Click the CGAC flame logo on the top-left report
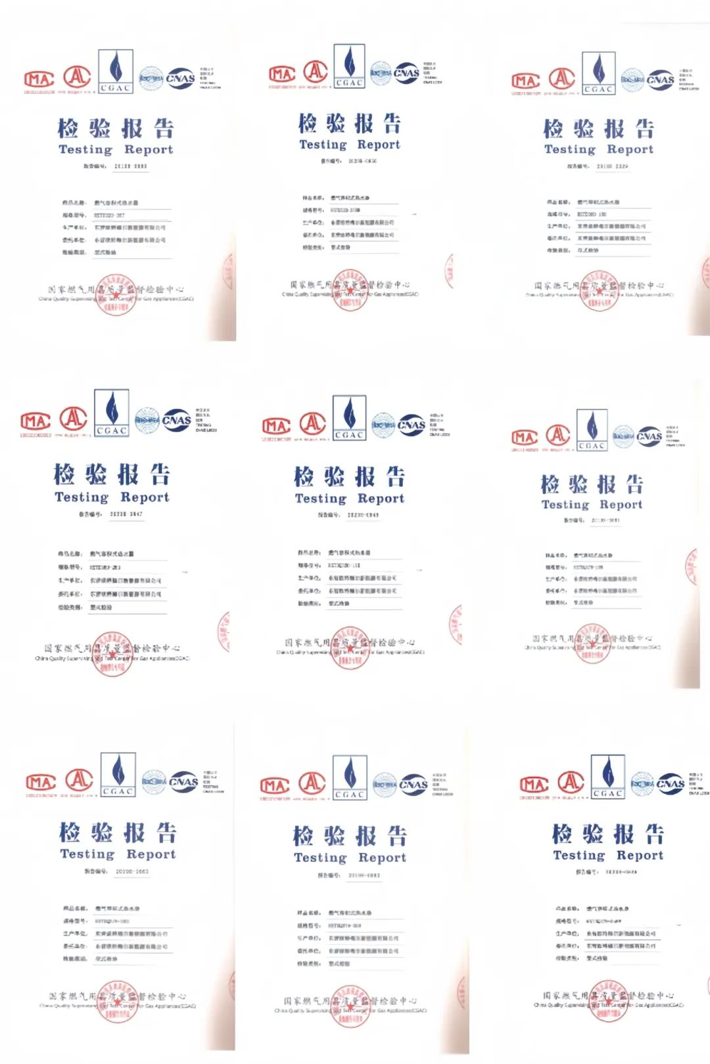tap(116, 70)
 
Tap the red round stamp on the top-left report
tap(116, 294)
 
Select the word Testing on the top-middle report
tap(323, 145)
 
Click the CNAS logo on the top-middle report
tap(406, 74)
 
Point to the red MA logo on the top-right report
tap(526, 81)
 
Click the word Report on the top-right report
tap(630, 149)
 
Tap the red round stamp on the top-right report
tap(599, 290)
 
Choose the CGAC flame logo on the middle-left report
tap(112, 412)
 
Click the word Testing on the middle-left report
tap(82, 497)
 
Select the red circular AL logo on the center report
tap(313, 424)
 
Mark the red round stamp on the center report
tap(350, 647)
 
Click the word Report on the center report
tap(381, 499)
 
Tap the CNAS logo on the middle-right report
tap(649, 436)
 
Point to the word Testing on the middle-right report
tap(565, 505)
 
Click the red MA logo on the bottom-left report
tap(41, 783)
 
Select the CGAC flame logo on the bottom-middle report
tap(350, 777)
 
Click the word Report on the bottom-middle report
tap(382, 858)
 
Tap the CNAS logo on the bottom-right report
tap(670, 783)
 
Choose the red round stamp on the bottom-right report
tap(608, 1000)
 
